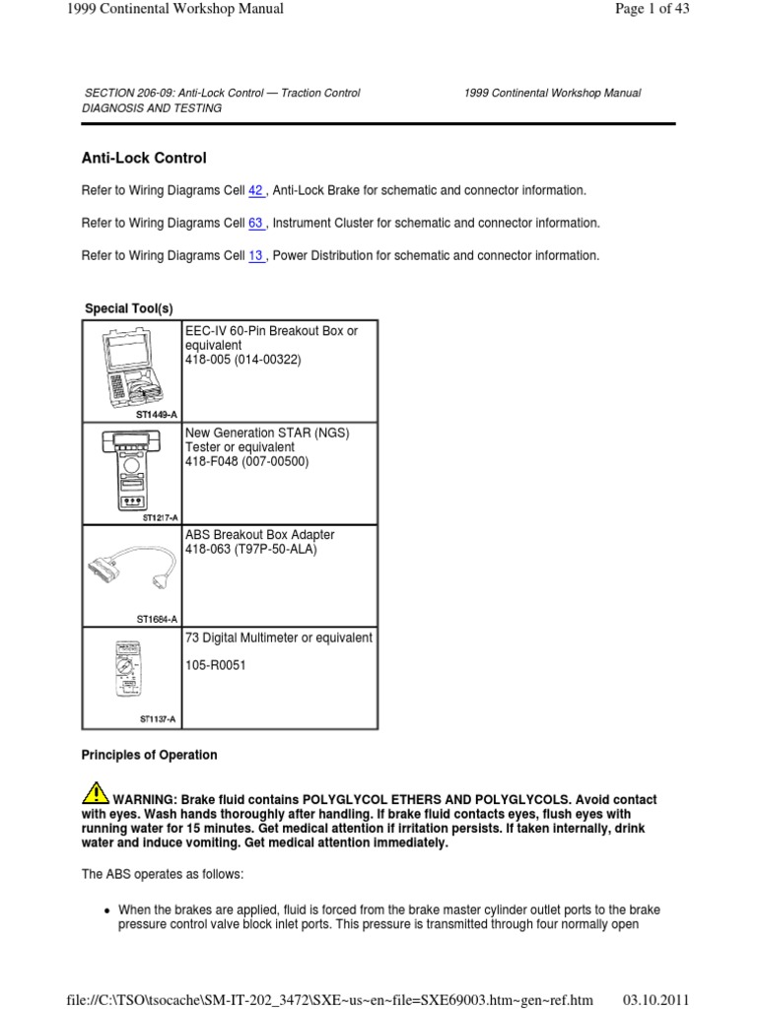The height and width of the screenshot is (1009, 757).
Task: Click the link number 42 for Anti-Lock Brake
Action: click(256, 190)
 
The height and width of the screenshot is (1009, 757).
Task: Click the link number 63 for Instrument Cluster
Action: click(256, 224)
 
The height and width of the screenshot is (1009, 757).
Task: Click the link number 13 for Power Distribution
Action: click(256, 256)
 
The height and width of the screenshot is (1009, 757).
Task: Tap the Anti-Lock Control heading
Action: click(143, 158)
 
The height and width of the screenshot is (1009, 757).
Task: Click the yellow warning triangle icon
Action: click(96, 792)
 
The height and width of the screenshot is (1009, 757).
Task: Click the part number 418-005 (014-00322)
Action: click(243, 361)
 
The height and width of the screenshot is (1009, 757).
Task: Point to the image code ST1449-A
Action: click(157, 416)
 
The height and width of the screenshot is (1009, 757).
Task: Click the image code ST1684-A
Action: click(157, 619)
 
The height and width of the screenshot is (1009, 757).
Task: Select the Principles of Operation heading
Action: click(149, 756)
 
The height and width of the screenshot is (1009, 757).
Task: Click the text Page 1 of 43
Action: click(708, 9)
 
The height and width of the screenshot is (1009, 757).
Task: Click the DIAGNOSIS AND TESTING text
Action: click(151, 108)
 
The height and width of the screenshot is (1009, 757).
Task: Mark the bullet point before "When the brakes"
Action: click(103, 909)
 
